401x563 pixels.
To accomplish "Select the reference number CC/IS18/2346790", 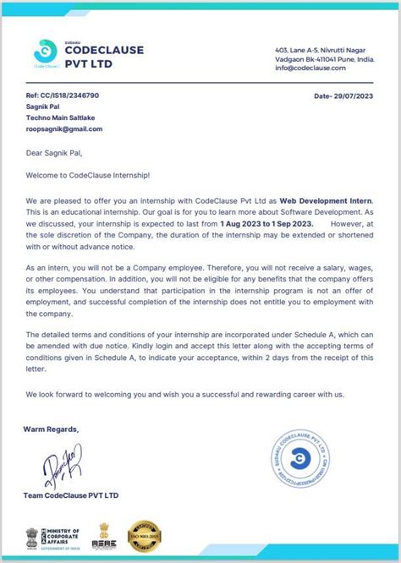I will pyautogui.click(x=63, y=96).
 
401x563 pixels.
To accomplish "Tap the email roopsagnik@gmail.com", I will pyautogui.click(x=64, y=129).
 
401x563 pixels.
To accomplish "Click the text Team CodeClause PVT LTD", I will pyautogui.click(x=72, y=495).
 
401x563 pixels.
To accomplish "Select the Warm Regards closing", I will pyautogui.click(x=52, y=429).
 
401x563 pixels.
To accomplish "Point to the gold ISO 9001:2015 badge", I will pyautogui.click(x=144, y=538).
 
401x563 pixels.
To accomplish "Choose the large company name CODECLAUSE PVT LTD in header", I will pyautogui.click(x=104, y=57).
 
